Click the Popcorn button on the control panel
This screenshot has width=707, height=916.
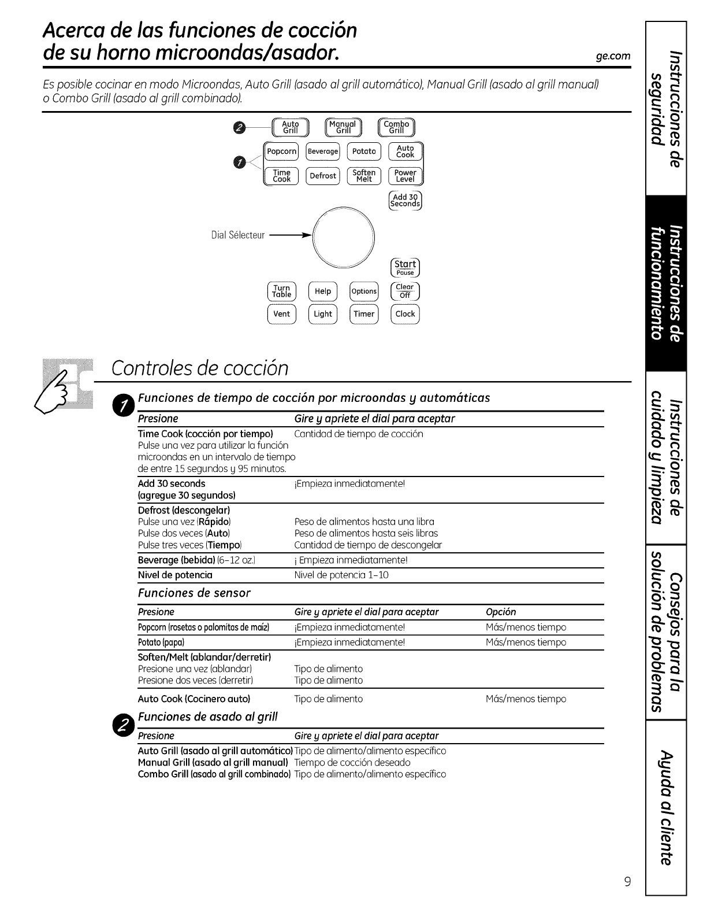pyautogui.click(x=281, y=152)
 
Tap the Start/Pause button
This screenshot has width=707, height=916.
pyautogui.click(x=405, y=267)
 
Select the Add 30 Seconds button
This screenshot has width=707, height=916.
pyautogui.click(x=405, y=200)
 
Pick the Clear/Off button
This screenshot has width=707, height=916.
pyautogui.click(x=405, y=291)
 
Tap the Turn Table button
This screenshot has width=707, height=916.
pyautogui.click(x=282, y=291)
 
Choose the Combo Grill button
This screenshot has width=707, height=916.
pyautogui.click(x=396, y=127)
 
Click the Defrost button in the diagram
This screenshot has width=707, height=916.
pyautogui.click(x=323, y=176)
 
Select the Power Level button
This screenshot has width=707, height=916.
pyautogui.click(x=405, y=176)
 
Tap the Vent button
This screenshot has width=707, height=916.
pyautogui.click(x=282, y=314)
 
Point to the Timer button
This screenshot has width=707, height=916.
pyautogui.click(x=364, y=314)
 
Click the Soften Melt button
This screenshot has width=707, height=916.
pyautogui.click(x=364, y=176)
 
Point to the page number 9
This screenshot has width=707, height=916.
pyautogui.click(x=627, y=882)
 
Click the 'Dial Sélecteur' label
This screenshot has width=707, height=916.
pyautogui.click(x=238, y=235)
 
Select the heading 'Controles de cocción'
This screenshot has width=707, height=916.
pyautogui.click(x=200, y=368)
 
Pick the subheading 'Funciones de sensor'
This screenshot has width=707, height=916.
pyautogui.click(x=194, y=593)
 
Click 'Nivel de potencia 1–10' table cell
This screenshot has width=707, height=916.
pyautogui.click(x=341, y=575)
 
